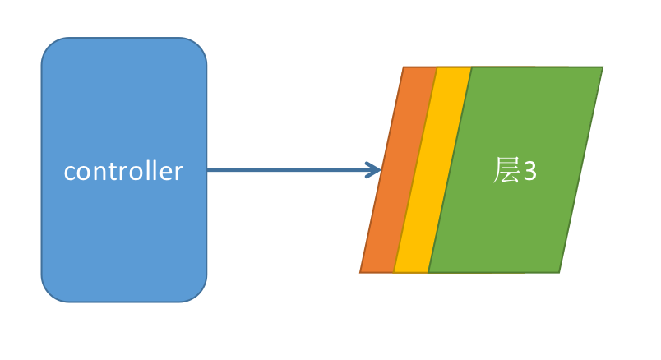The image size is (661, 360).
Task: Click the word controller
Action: coord(123,172)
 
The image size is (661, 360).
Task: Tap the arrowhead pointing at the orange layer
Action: coord(376,171)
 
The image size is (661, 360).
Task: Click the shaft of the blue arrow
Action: coord(288,171)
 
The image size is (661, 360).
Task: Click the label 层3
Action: coord(515,171)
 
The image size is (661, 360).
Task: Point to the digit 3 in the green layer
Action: coord(529,172)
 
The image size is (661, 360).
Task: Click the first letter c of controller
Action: coord(70,173)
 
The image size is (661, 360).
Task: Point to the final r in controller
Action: coord(178,173)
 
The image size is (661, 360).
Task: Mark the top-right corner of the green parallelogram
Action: coord(601,68)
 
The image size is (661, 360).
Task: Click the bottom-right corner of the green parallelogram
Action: coord(559,271)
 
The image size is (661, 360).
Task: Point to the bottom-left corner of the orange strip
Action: coord(362,271)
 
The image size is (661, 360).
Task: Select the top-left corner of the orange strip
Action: coord(404,68)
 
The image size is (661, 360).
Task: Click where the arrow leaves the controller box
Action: coord(208,171)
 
